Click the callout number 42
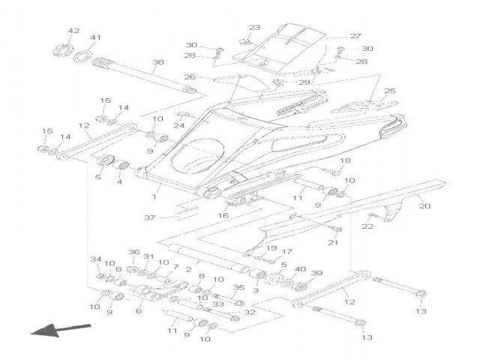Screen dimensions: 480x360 coord(73,31)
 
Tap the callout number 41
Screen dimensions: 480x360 coord(95,37)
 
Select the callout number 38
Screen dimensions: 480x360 coord(158,61)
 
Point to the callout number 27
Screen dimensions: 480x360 coord(355,36)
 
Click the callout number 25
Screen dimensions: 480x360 coord(390,91)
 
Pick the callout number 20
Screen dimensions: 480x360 coord(424,206)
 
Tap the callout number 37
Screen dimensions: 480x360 coord(150,217)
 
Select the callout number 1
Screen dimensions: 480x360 coord(154,196)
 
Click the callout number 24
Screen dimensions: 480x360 coord(179,125)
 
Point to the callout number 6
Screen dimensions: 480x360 coord(138,311)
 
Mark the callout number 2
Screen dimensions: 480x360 coord(188,270)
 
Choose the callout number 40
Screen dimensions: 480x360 coord(300,269)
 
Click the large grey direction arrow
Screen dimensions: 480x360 coord(61,330)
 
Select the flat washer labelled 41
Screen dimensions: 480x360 coord(82,55)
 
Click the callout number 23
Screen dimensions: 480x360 coord(254,27)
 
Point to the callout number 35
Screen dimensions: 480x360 coord(238,287)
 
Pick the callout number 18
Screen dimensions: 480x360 coord(345,160)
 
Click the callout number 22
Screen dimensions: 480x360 coord(367,226)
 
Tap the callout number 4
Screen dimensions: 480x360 coord(119,181)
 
